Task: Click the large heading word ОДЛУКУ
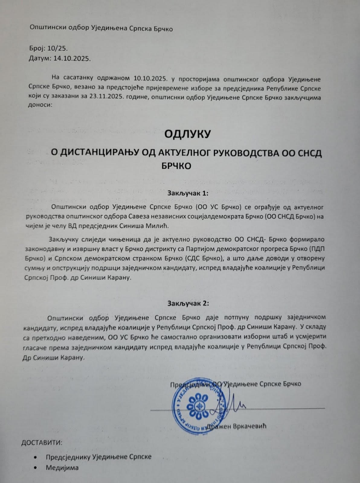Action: coord(187,134)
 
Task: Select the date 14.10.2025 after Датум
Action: coord(72,59)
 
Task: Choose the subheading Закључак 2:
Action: coord(188,303)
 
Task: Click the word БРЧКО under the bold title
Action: coord(175,166)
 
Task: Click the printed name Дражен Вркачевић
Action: coord(236,426)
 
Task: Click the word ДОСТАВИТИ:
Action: coord(42,443)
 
